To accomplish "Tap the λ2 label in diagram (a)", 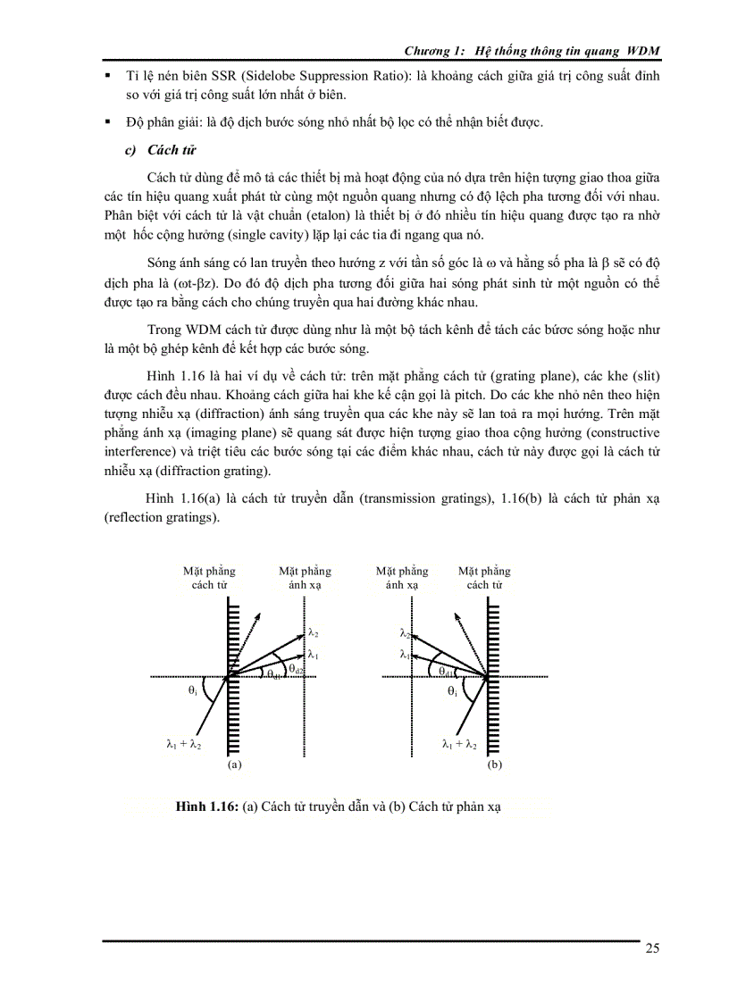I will (314, 632).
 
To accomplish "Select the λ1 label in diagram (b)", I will (405, 654).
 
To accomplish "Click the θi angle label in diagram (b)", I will (452, 690).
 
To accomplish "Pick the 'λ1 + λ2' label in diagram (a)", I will (184, 743).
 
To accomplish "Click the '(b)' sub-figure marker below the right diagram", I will (494, 765).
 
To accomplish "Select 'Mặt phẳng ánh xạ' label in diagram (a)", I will (305, 578).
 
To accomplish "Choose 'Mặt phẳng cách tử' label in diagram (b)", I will (484, 578).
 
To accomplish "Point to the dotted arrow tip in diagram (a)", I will (260, 613).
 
